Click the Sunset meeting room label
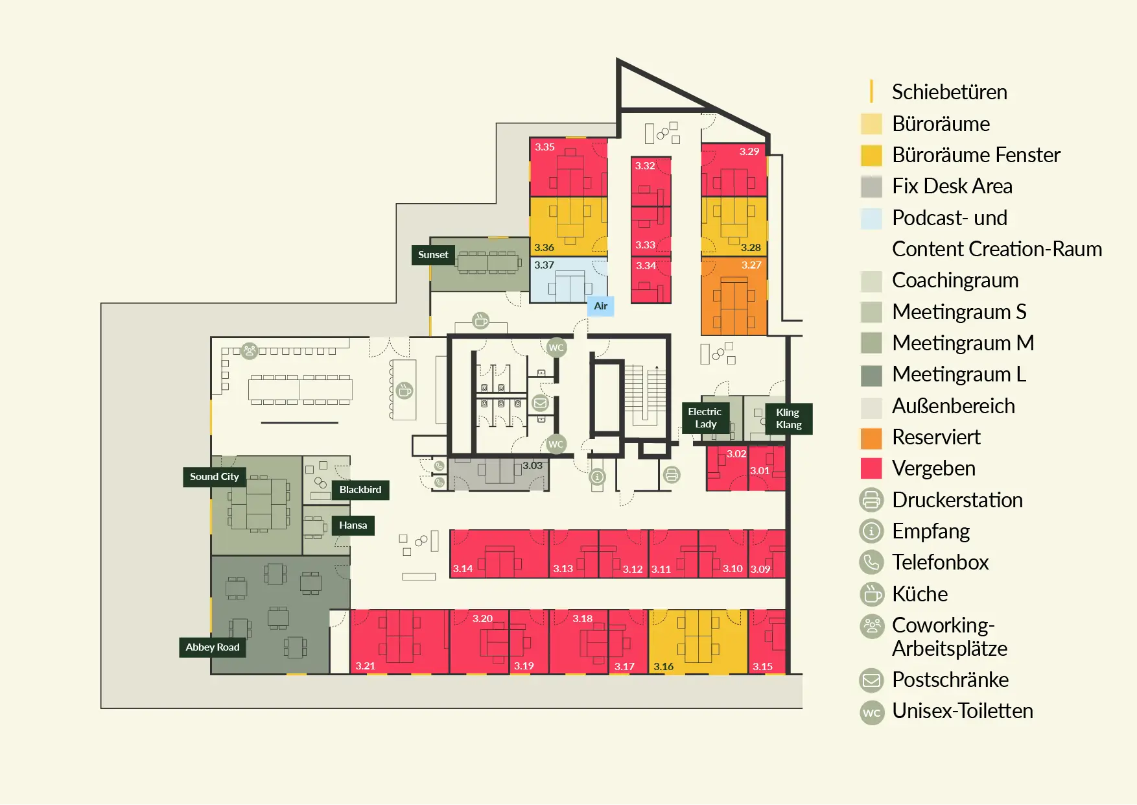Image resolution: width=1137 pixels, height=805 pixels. coord(433,255)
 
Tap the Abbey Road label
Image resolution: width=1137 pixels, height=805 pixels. coord(213,647)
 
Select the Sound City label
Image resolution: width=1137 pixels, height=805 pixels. coord(215,477)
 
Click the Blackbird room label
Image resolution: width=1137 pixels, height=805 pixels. coord(360,490)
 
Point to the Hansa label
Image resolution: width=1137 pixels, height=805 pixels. coord(353,525)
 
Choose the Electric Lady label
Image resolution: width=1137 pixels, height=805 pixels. coord(705,418)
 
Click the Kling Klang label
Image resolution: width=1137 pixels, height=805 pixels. coord(789,418)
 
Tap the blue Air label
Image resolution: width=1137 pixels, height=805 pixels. coord(601,306)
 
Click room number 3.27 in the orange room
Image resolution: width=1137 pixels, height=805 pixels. coord(751,265)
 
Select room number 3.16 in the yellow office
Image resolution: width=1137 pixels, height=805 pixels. coord(663,667)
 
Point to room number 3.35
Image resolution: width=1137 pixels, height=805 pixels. coord(545,147)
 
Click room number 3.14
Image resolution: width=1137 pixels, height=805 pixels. coord(463,569)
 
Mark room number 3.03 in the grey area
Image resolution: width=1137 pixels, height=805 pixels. coord(533,466)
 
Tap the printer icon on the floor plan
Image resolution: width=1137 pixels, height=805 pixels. coord(672,475)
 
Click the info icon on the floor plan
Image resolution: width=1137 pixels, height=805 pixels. coord(597,477)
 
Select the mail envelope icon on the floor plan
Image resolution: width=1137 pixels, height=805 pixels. coord(540,403)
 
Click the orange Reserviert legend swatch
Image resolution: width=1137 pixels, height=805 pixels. coord(871,438)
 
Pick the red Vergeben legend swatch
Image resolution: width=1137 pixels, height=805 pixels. coord(871,468)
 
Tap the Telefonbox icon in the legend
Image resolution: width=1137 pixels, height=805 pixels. coord(871,562)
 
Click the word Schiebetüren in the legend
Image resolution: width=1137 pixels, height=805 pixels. coord(950,92)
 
